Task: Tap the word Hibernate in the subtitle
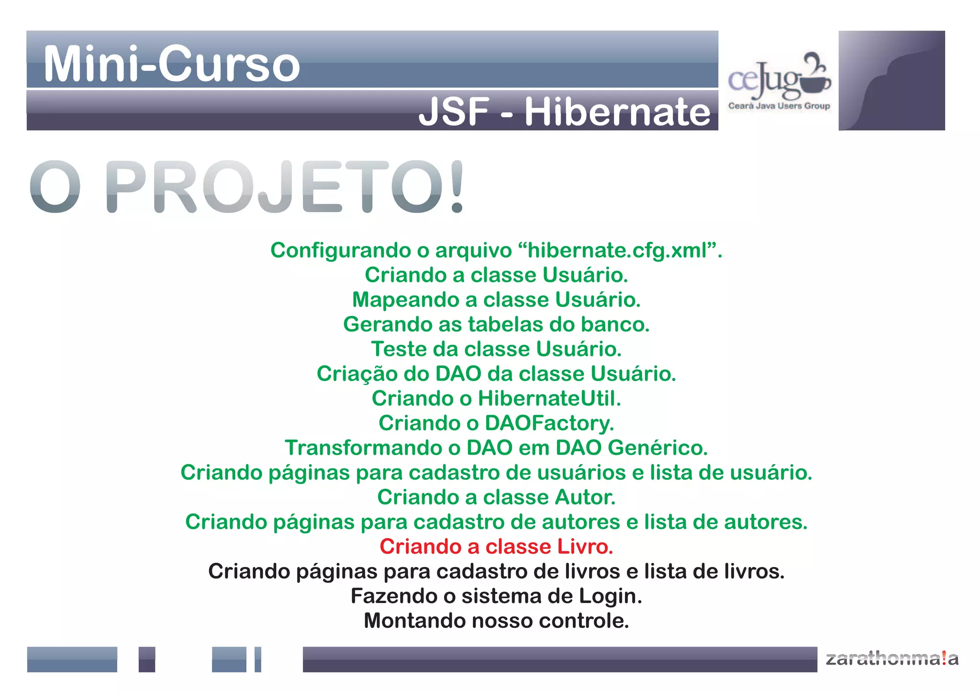click(617, 112)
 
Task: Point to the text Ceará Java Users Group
click(779, 106)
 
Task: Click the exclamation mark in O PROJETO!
click(457, 187)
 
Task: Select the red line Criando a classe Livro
click(496, 546)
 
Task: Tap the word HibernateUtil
click(549, 398)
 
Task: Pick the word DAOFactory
click(548, 423)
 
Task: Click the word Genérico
click(657, 448)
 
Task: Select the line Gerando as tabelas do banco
click(496, 324)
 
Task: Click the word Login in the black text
click(610, 596)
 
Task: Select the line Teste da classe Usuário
click(496, 349)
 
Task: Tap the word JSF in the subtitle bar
click(454, 112)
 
